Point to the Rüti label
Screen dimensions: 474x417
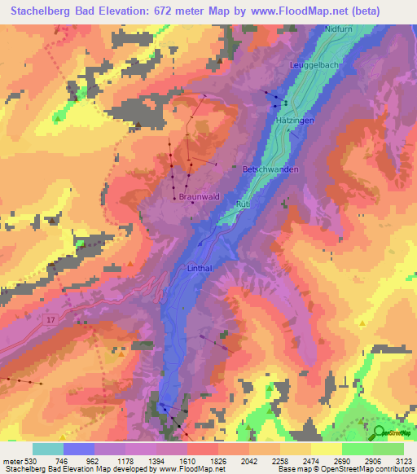pos(242,202)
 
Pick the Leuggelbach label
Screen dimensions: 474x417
pos(315,64)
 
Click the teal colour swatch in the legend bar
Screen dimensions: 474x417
pos(48,449)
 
